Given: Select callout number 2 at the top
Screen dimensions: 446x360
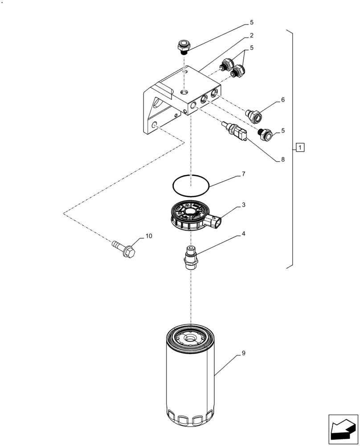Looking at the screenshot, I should [252, 35].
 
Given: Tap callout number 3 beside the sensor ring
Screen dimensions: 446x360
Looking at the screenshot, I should [244, 205].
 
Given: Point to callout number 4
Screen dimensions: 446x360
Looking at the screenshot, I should [244, 234].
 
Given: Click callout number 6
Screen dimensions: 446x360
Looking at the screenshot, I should [282, 100].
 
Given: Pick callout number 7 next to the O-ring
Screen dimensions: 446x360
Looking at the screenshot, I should [244, 173].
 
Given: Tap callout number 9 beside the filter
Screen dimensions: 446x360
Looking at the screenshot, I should [244, 353].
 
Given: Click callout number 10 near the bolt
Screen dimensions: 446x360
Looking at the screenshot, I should [148, 235].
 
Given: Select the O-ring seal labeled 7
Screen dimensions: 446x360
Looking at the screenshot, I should [191, 185].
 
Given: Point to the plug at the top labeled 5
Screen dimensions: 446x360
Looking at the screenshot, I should [183, 45].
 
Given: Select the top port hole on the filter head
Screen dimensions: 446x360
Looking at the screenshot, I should [184, 92].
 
